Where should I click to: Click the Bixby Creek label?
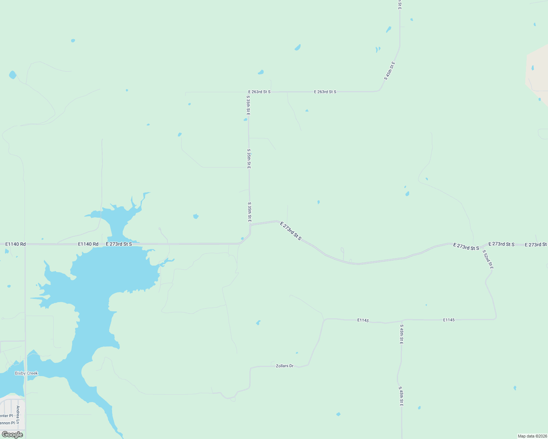[26, 373]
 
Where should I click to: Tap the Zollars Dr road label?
[285, 366]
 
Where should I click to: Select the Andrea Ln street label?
[18, 414]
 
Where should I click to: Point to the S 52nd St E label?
[488, 260]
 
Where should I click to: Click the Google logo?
[12, 435]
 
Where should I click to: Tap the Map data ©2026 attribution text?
[532, 436]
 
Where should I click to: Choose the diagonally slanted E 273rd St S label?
[290, 231]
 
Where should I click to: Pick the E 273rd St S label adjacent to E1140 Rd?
[119, 244]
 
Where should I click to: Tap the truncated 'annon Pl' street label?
[7, 423]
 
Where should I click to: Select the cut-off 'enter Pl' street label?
[6, 416]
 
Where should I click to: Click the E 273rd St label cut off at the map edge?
[536, 244]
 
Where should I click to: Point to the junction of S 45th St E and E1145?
[402, 320]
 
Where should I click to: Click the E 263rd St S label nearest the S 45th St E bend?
[325, 92]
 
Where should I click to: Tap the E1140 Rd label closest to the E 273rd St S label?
[88, 244]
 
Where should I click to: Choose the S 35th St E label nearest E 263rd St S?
[248, 106]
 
